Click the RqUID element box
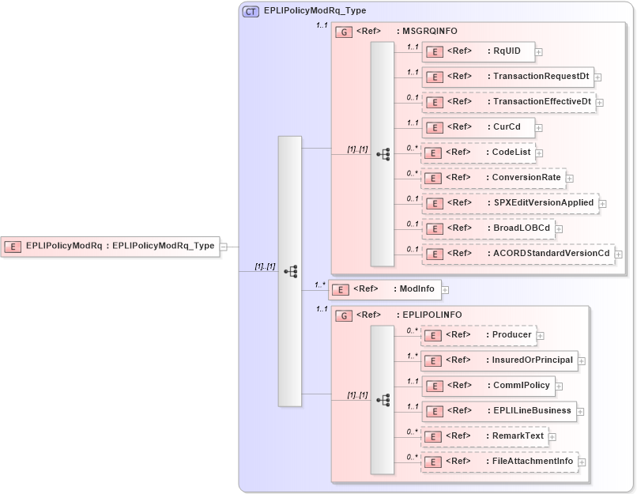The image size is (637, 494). [x=477, y=52]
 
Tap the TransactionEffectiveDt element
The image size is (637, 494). [x=507, y=102]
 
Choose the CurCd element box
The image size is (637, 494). [x=477, y=126]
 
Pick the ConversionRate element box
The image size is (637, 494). [x=492, y=178]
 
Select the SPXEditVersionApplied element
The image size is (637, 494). [x=509, y=203]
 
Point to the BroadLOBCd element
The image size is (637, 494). [x=487, y=228]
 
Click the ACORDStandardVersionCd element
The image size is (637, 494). [x=517, y=254]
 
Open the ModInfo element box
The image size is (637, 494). [x=384, y=289]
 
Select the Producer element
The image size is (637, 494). [x=477, y=335]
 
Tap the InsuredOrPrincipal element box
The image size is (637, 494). [x=498, y=360]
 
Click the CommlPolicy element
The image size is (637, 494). [x=487, y=386]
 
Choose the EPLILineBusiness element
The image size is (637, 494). [x=498, y=411]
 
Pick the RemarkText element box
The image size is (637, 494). [x=484, y=436]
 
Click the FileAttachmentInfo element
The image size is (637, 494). [x=499, y=462]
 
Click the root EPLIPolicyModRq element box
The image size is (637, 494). [x=110, y=246]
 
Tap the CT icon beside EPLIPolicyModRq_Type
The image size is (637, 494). [x=251, y=11]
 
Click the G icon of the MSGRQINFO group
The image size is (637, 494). [x=344, y=32]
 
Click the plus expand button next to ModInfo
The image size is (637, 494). [x=445, y=290]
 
